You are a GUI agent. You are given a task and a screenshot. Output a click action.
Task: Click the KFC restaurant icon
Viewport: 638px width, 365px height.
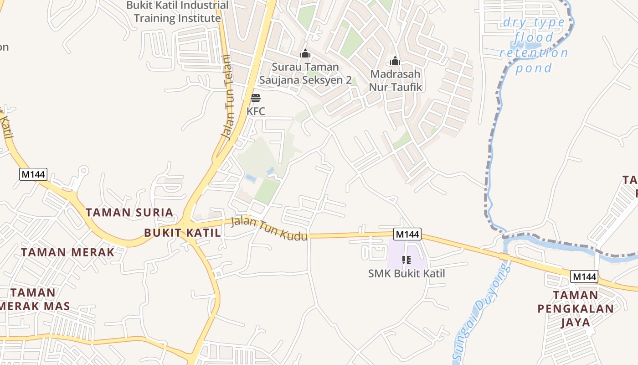point(256,98)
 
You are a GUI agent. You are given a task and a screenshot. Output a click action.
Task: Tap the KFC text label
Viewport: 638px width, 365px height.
point(256,111)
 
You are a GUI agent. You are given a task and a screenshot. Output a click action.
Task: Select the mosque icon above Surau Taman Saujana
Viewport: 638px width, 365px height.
point(305,54)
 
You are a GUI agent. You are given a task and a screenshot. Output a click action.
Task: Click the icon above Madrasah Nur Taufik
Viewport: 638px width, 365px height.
point(395,61)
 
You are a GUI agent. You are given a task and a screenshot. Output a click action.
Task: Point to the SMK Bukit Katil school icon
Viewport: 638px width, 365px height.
point(406,260)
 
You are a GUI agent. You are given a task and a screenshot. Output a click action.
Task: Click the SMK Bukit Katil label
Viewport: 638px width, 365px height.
point(406,274)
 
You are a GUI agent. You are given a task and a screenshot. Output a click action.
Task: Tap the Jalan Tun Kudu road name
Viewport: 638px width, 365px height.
point(269,229)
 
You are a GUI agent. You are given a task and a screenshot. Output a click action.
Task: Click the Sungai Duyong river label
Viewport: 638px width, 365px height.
point(483,310)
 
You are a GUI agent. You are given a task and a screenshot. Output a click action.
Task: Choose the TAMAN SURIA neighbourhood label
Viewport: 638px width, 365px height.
point(129,212)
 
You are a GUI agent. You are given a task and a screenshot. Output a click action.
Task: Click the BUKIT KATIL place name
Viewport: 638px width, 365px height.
point(182,233)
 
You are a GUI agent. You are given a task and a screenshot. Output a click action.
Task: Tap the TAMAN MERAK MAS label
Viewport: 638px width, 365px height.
point(34,299)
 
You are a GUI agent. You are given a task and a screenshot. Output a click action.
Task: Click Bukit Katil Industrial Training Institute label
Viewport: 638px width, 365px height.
point(177,12)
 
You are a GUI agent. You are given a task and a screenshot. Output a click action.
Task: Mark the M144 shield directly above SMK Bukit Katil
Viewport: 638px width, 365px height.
point(407,234)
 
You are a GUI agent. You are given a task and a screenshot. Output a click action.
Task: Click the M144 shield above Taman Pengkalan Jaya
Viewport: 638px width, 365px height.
point(584,276)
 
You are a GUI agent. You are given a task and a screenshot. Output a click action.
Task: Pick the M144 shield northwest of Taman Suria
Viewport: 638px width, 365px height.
point(33,174)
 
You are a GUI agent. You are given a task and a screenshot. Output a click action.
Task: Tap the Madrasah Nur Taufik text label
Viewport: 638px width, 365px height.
point(395,80)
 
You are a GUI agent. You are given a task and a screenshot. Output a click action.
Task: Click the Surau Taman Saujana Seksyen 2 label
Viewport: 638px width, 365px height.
point(305,73)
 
